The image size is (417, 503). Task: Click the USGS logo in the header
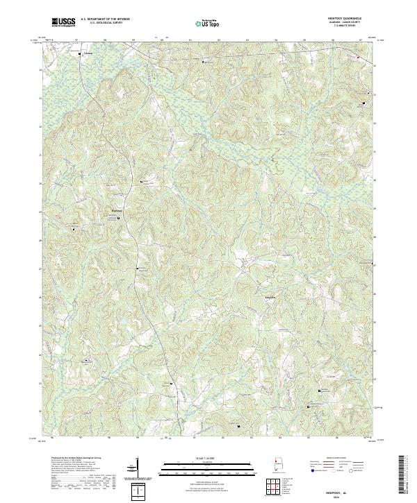coord(64,22)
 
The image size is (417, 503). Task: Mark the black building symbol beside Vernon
coord(79,53)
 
